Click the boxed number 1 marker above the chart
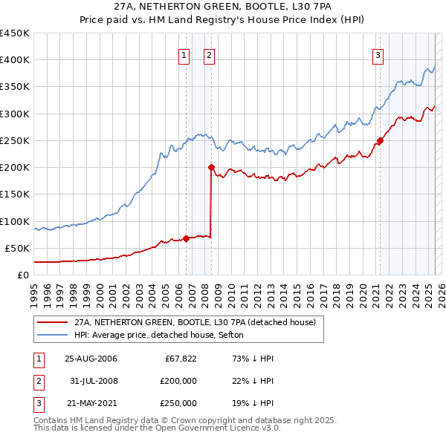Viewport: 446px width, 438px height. (x=184, y=54)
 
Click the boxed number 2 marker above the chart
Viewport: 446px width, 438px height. (x=209, y=54)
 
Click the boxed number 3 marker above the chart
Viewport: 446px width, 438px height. (x=378, y=54)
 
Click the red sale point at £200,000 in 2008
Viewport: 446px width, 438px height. (x=212, y=167)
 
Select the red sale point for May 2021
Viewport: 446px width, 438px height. (x=380, y=140)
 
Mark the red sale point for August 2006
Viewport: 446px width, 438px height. (x=186, y=238)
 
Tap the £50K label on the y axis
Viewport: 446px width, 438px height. (x=18, y=248)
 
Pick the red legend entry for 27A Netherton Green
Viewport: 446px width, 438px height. (x=195, y=322)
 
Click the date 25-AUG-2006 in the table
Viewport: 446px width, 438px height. (x=91, y=359)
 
